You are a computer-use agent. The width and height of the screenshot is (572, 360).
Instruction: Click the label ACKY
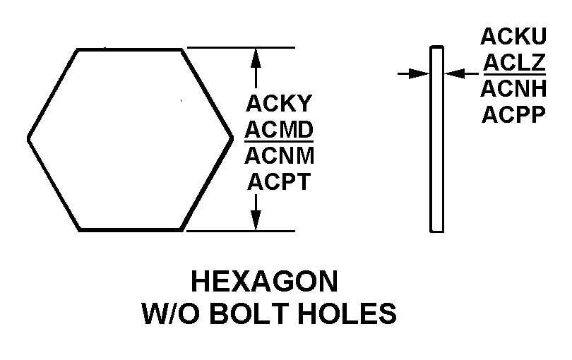(278, 104)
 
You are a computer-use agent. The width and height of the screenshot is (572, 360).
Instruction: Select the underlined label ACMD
(279, 129)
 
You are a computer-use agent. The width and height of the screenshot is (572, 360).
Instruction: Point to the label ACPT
(279, 181)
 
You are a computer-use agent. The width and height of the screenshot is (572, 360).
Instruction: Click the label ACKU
(513, 37)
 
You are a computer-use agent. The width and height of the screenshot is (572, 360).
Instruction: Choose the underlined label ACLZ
(513, 63)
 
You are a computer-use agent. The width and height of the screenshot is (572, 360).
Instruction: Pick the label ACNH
(513, 89)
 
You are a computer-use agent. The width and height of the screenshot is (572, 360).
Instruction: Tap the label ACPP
(513, 114)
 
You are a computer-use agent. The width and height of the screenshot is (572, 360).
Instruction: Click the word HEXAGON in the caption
(264, 282)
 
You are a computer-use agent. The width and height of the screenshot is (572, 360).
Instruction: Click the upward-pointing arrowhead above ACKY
(256, 56)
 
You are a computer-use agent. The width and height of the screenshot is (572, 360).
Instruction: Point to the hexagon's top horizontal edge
(131, 49)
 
